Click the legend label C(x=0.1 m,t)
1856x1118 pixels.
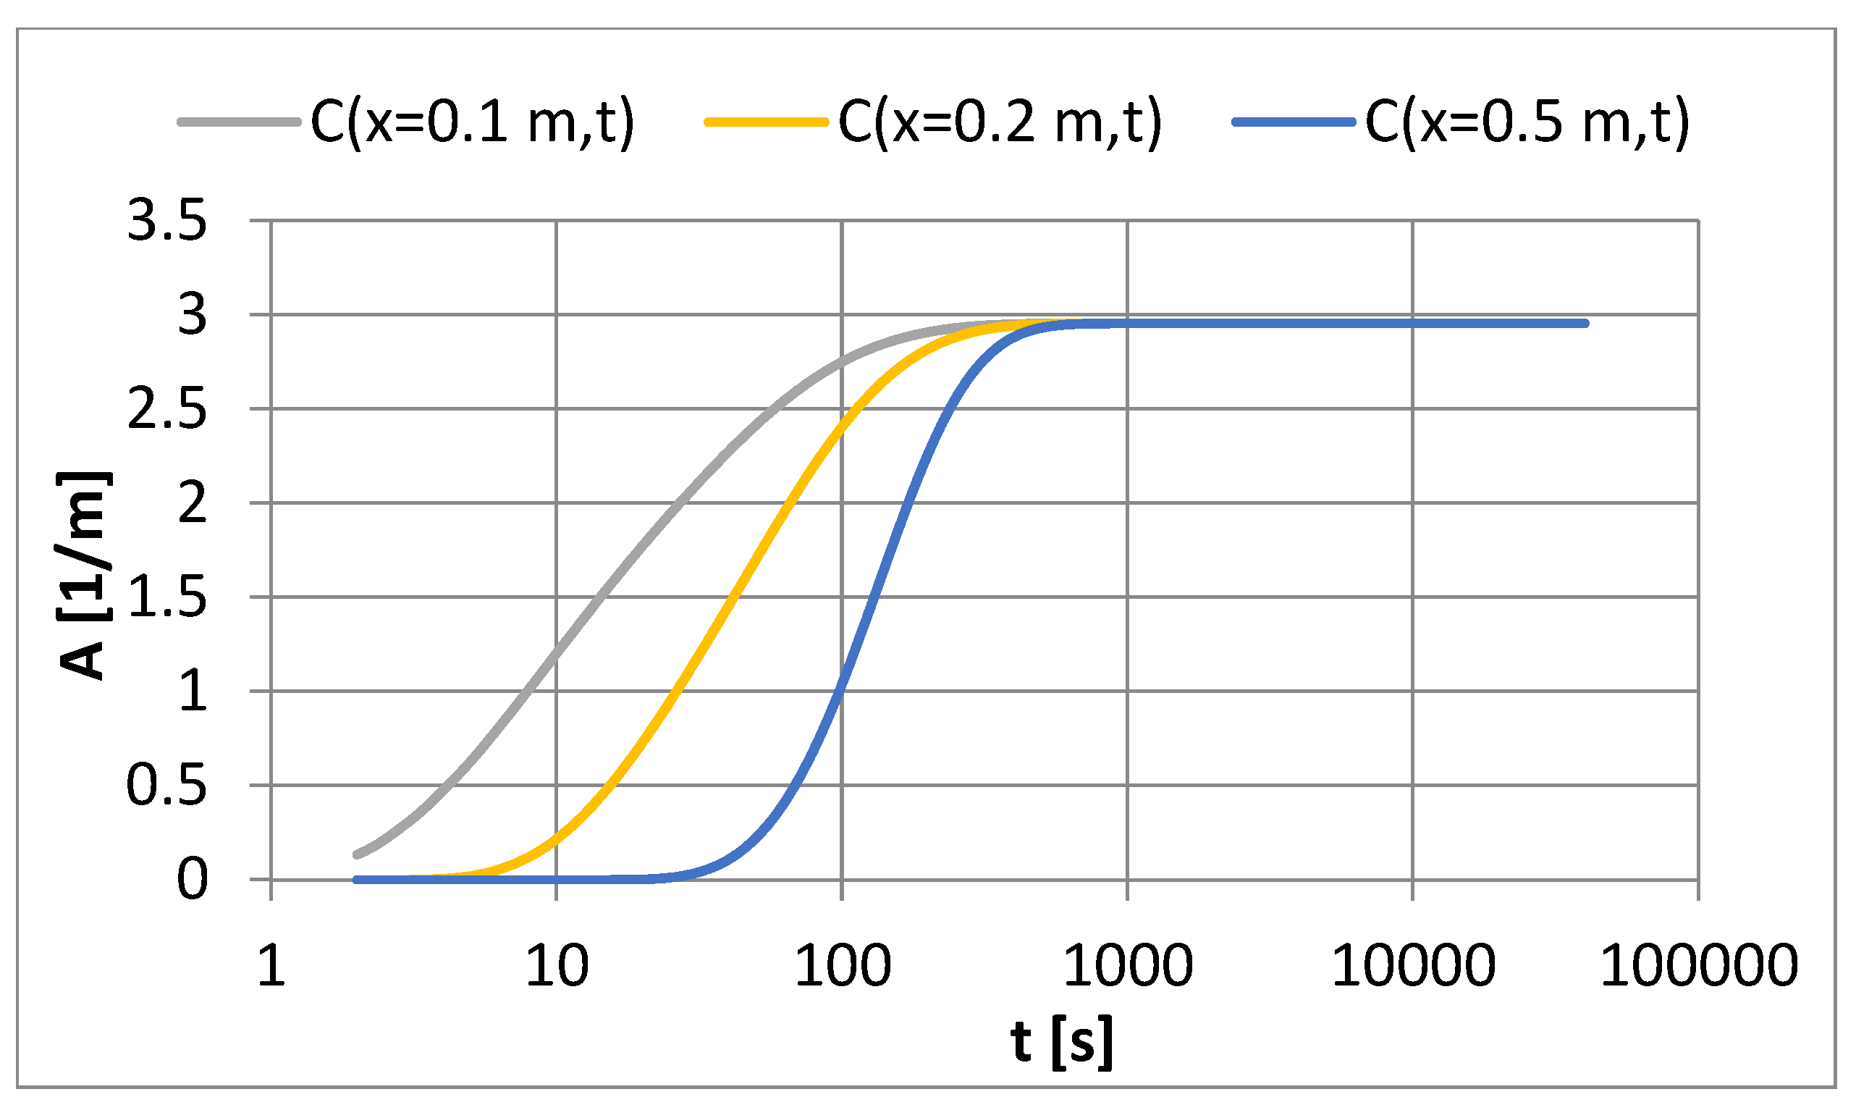click(x=472, y=122)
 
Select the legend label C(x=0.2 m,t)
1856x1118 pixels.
click(x=1000, y=122)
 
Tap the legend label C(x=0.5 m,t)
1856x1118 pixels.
click(x=1527, y=122)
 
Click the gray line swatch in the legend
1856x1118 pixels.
click(x=239, y=122)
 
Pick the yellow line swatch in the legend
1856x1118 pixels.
click(x=766, y=122)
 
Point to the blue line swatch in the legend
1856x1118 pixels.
click(x=1293, y=122)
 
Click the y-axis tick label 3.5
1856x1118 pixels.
click(x=166, y=222)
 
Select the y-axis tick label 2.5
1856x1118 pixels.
click(x=166, y=411)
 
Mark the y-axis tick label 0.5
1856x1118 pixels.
click(x=166, y=786)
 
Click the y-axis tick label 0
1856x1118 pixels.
click(x=192, y=879)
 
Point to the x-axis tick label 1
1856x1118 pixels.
click(x=271, y=966)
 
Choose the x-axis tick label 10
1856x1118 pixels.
click(x=557, y=966)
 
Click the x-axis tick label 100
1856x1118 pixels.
click(x=843, y=966)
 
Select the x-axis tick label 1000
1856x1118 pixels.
click(x=1127, y=966)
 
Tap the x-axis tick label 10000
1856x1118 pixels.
click(x=1413, y=966)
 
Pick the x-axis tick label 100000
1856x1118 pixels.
click(x=1699, y=966)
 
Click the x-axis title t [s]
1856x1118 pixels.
click(x=1061, y=1043)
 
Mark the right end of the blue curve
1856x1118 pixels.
click(x=1586, y=323)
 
